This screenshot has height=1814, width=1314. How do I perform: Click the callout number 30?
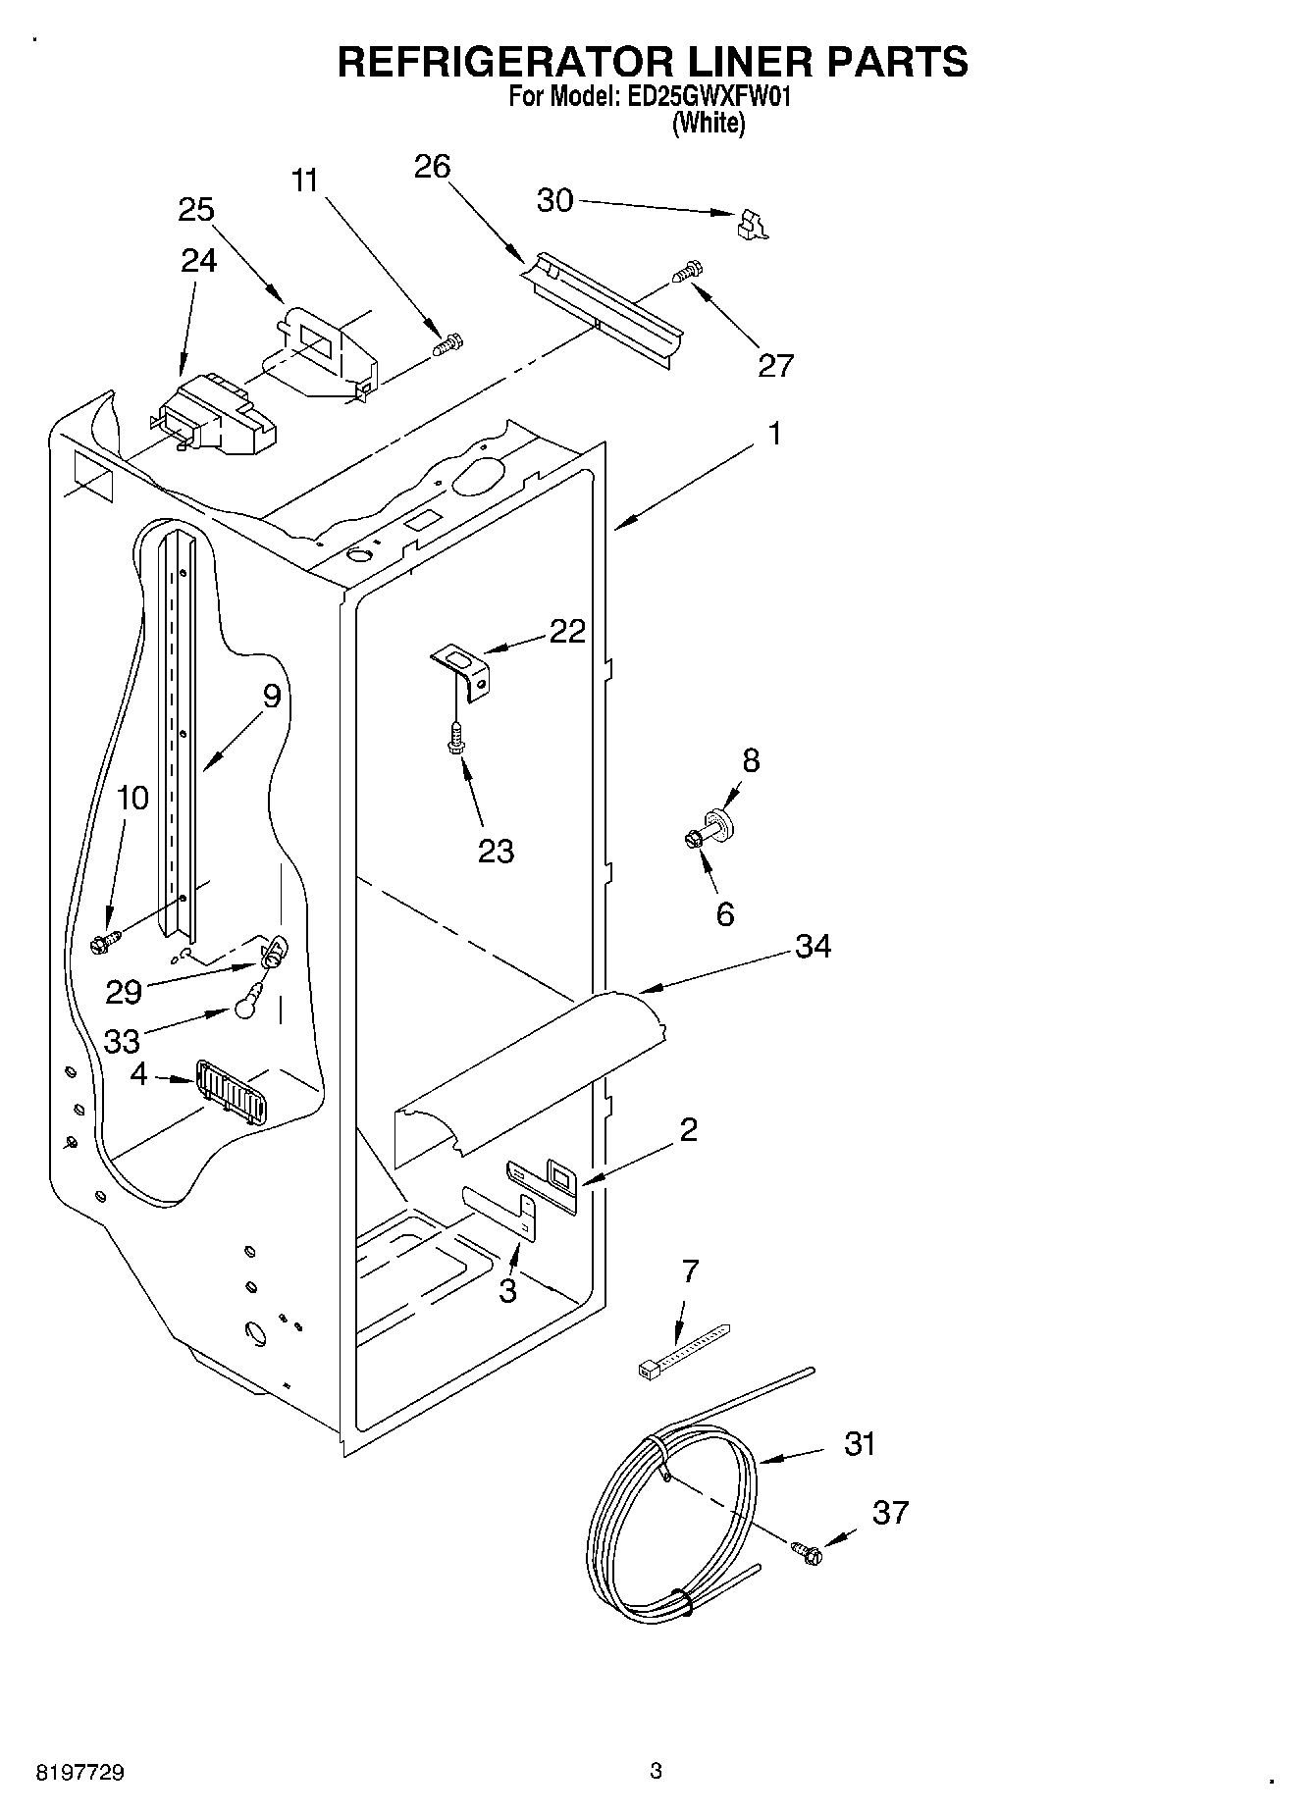click(x=554, y=200)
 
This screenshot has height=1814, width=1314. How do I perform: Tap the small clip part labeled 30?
click(x=751, y=225)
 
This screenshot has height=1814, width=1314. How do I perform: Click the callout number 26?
click(x=432, y=167)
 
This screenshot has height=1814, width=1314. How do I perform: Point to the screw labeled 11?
click(x=448, y=345)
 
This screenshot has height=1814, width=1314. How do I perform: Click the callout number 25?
click(x=196, y=210)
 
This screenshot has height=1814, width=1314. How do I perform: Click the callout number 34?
click(x=813, y=946)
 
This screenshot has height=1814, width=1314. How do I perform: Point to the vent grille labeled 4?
click(x=232, y=1090)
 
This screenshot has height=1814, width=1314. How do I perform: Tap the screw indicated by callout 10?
click(x=103, y=942)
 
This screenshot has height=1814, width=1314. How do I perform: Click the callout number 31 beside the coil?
click(x=859, y=1444)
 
